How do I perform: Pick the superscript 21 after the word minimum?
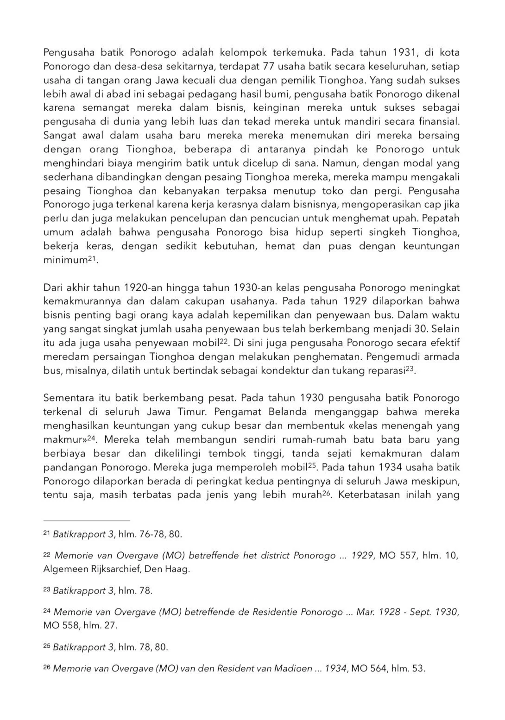point(93,257)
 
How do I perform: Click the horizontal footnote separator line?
point(86,520)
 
